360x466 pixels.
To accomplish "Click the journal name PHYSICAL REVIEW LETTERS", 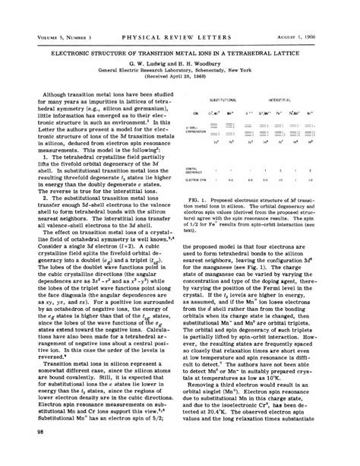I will point(180,15).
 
